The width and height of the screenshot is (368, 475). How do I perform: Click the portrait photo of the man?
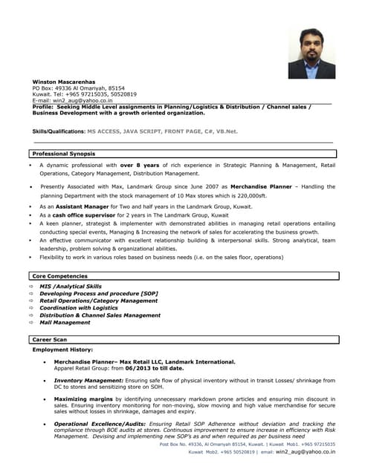coord(312,53)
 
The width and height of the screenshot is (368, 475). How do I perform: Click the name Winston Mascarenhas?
coord(65,81)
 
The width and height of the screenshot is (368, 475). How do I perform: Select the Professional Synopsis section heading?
coord(63,154)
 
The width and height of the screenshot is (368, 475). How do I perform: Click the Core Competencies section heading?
coord(59,276)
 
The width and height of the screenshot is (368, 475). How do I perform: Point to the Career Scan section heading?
coord(50,339)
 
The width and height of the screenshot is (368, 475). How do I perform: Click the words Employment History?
coord(62,349)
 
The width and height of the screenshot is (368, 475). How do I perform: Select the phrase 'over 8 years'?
coord(139,165)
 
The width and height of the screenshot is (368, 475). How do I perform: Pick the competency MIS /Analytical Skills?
coord(71,286)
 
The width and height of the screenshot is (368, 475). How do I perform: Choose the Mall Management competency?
coord(65,323)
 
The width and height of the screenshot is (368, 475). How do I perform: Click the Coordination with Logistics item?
coord(79,308)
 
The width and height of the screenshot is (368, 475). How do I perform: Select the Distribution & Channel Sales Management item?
coord(100,315)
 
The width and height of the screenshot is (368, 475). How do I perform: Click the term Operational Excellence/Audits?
coord(100,423)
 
